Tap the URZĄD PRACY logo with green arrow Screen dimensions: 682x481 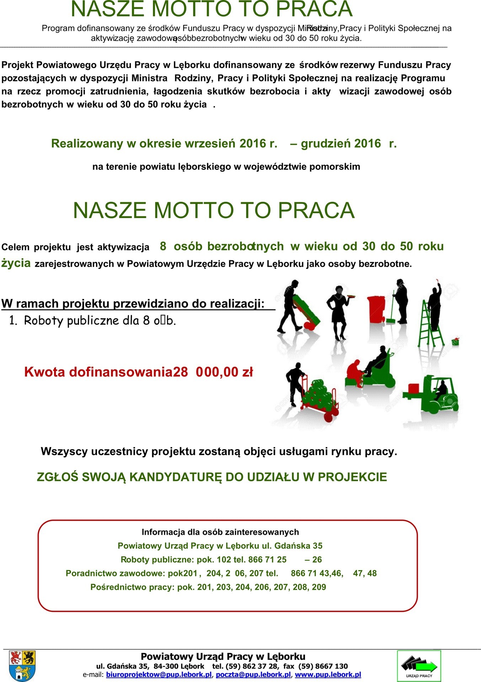pyautogui.click(x=419, y=666)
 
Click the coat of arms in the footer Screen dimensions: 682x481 pyautogui.click(x=22, y=665)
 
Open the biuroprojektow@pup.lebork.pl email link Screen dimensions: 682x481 pyautogui.click(x=159, y=675)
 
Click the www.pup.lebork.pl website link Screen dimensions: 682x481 pyautogui.click(x=328, y=675)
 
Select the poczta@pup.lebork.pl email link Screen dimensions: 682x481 pyautogui.click(x=253, y=675)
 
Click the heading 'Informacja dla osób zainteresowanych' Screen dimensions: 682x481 pyautogui.click(x=220, y=532)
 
